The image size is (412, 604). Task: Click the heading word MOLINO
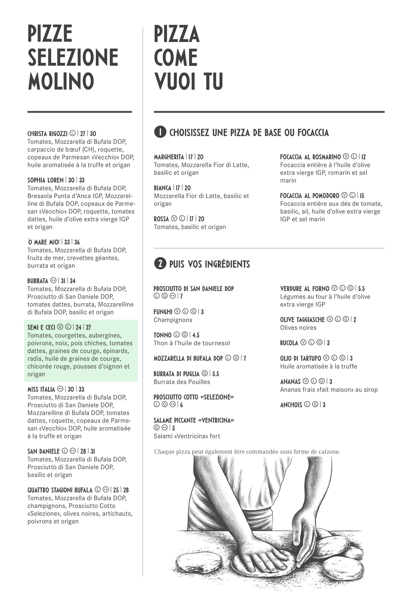pos(61,81)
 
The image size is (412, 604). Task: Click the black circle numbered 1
pos(160,132)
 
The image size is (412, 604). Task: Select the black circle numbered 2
pos(160,264)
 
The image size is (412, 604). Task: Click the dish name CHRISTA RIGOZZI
pos(47,134)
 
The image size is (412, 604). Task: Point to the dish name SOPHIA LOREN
pos(45,180)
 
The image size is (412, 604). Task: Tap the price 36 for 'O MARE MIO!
pos(77,242)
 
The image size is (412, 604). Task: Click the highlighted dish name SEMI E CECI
pos(41,327)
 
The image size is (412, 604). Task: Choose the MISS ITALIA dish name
pos(41,389)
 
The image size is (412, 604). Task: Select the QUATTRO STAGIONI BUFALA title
pos(60,490)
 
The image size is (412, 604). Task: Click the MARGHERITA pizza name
pos(169,157)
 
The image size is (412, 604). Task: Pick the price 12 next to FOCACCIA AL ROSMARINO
pos(363,157)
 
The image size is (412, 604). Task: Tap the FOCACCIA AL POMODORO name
pos(310,195)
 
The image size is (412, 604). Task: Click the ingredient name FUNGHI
pos(163,312)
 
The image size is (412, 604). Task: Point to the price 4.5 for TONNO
pos(196,335)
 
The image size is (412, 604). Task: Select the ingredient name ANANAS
pos(290,381)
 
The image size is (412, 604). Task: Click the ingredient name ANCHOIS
pos(291,405)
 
